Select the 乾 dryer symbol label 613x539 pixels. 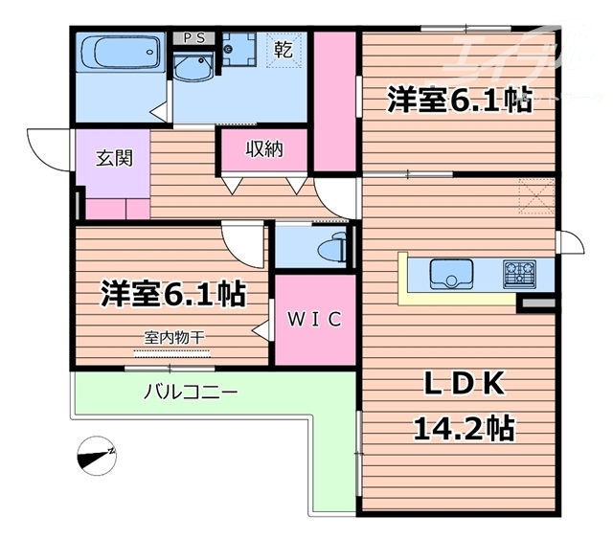(x=286, y=48)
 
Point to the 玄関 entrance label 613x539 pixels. (x=113, y=159)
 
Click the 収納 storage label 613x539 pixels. (x=264, y=149)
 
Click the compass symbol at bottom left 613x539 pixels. (x=97, y=455)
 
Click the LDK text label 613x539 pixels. (x=463, y=385)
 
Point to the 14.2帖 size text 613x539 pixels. (x=465, y=427)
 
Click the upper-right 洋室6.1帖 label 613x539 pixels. (x=459, y=100)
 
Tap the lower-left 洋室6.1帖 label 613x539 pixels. (x=173, y=294)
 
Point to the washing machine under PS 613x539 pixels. (x=235, y=48)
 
